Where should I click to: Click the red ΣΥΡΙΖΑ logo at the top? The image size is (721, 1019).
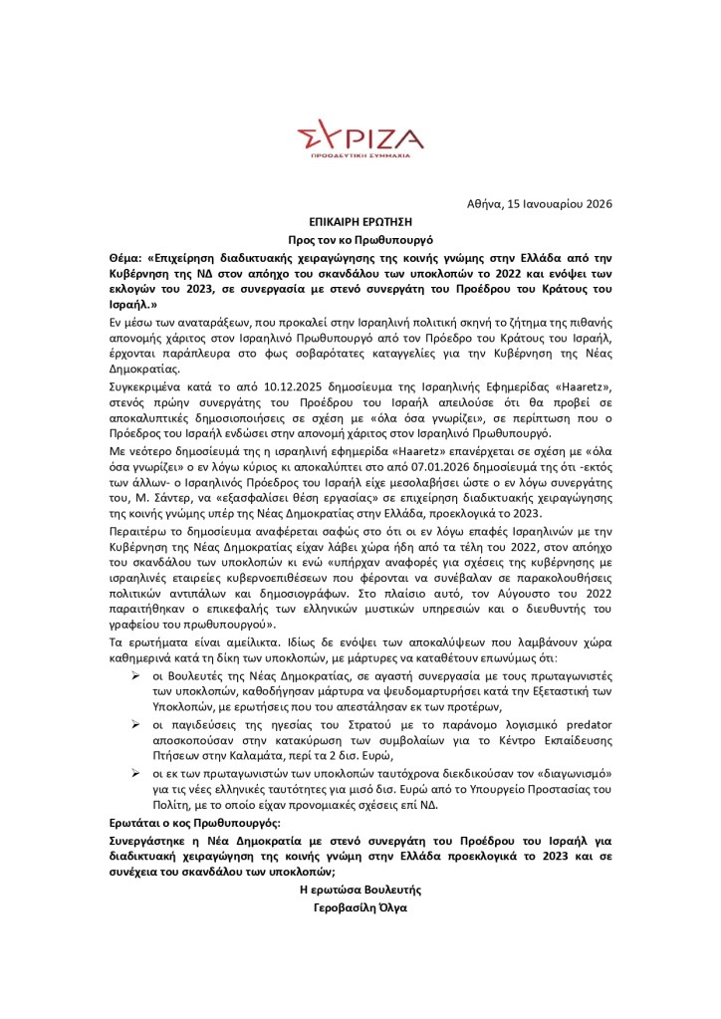(360, 135)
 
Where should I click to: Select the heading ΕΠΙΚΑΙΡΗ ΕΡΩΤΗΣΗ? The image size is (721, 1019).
(360, 223)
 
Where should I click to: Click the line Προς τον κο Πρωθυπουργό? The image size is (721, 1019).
(360, 242)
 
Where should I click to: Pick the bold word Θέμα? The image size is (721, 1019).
(126, 258)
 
